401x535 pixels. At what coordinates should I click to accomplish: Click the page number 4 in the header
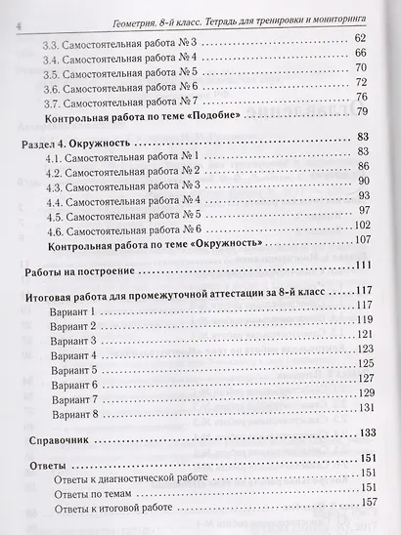pos(7,10)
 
